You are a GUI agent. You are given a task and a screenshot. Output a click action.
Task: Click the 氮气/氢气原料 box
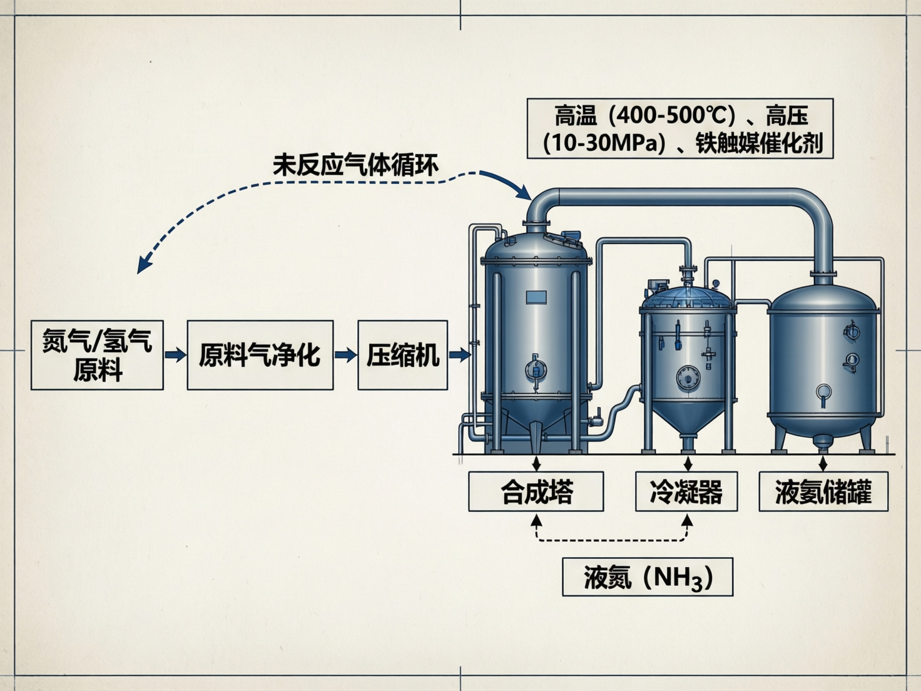[97, 355]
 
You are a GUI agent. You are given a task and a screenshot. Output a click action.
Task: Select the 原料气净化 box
[260, 355]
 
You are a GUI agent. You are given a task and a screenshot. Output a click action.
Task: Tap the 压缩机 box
[402, 355]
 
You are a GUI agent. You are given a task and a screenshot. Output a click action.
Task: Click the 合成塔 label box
[536, 492]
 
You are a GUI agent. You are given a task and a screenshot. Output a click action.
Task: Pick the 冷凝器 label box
[686, 492]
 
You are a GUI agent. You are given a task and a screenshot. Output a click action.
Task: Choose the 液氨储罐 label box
[823, 492]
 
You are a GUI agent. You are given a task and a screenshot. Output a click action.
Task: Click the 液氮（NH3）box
[648, 576]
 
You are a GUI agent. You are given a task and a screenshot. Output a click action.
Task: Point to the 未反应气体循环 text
[355, 165]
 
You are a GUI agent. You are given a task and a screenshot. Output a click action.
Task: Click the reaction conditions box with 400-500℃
[680, 128]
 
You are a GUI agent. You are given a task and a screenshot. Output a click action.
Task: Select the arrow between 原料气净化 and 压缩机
[345, 355]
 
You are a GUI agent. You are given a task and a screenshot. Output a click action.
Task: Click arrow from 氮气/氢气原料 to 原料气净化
[175, 355]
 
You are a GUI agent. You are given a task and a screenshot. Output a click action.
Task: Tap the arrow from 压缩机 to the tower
[459, 355]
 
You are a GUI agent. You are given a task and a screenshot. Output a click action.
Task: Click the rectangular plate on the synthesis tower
[536, 297]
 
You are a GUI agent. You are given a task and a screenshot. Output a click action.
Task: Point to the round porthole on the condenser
[687, 377]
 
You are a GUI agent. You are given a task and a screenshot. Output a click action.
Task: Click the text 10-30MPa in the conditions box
[604, 144]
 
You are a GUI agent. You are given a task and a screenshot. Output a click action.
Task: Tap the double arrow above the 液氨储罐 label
[823, 463]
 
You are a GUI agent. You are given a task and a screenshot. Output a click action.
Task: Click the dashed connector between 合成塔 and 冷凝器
[611, 540]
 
